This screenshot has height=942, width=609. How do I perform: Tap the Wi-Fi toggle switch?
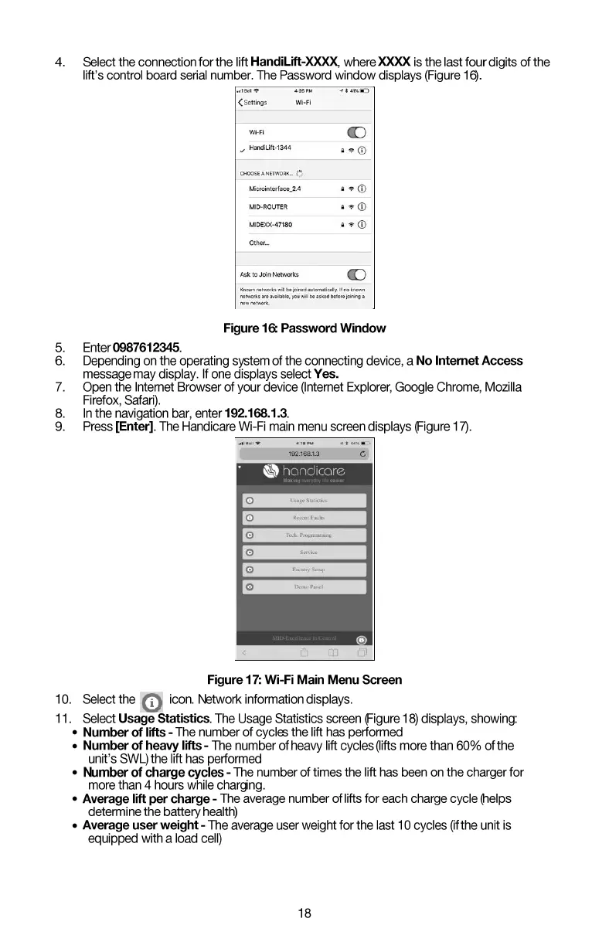tap(356, 132)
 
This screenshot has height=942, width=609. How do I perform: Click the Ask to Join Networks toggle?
tap(356, 274)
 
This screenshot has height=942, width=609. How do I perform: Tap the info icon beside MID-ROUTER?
tap(362, 206)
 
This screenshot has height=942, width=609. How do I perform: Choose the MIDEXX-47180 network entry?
tap(270, 225)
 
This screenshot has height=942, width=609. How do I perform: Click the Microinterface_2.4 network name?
tap(274, 189)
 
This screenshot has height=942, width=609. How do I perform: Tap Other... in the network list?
tap(259, 243)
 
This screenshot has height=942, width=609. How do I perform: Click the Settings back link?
tap(253, 102)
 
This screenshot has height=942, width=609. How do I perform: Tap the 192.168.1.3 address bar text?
tap(304, 454)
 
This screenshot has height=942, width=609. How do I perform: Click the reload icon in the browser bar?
tap(362, 454)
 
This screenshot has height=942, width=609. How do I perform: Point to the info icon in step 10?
tap(152, 702)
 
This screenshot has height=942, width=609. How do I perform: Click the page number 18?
tap(304, 913)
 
